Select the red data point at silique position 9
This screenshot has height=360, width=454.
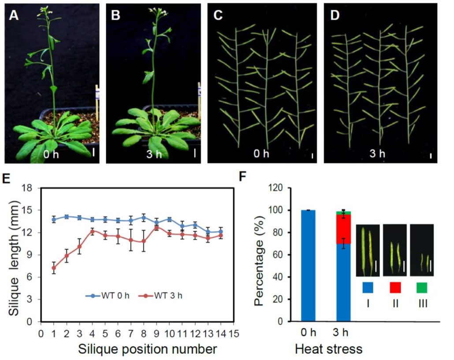click(156, 227)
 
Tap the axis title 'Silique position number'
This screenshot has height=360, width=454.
click(148, 349)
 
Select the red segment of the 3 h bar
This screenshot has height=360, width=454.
click(343, 229)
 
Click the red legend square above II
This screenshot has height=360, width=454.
click(395, 288)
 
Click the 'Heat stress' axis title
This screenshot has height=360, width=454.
click(328, 349)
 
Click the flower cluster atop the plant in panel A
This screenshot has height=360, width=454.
click(45, 11)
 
